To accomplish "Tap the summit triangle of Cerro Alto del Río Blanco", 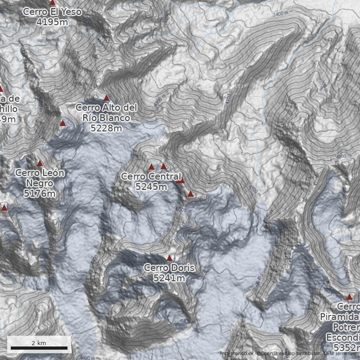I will (x=107, y=98).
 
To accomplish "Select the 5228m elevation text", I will (x=106, y=128).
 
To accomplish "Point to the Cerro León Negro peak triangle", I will (x=40, y=163).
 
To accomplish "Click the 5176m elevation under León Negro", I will (x=40, y=194).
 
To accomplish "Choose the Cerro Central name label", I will (x=151, y=177).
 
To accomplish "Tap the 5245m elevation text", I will (x=151, y=187).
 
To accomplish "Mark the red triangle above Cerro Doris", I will (x=169, y=258).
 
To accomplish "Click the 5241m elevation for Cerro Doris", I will (x=169, y=279).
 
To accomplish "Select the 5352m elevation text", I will (x=346, y=347).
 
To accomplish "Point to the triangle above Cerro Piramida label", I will (x=349, y=297).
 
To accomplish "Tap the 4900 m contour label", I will (x=343, y=156).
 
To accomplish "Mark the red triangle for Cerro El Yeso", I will (x=52, y=3).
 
